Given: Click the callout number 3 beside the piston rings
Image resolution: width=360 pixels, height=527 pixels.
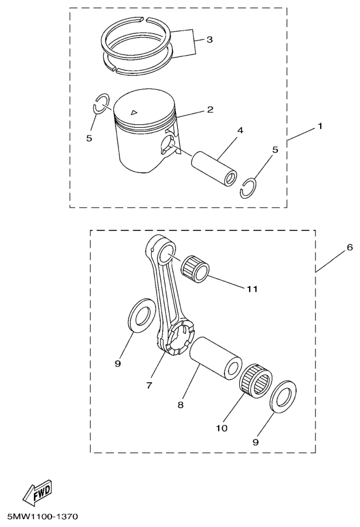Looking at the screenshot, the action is pyautogui.click(x=209, y=40).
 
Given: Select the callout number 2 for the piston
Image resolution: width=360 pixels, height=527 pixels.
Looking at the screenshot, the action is pyautogui.click(x=210, y=110).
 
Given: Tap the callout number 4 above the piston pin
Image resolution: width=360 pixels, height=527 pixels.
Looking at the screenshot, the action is pyautogui.click(x=240, y=130).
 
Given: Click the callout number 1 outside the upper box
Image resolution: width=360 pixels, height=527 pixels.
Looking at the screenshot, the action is pyautogui.click(x=320, y=126).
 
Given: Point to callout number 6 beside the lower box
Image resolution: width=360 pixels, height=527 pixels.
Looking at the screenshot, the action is pyautogui.click(x=349, y=247).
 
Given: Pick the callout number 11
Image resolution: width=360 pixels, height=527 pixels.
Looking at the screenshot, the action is pyautogui.click(x=253, y=289).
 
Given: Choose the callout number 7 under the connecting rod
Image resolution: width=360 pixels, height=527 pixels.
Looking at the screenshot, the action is pyautogui.click(x=150, y=385).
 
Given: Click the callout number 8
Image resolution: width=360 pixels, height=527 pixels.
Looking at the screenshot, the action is pyautogui.click(x=181, y=405).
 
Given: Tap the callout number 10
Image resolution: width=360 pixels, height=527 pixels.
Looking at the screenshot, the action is pyautogui.click(x=222, y=428).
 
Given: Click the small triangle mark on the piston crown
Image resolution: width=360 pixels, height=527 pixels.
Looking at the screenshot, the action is pyautogui.click(x=134, y=112).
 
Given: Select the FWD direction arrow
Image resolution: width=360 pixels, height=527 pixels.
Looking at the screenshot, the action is pyautogui.click(x=38, y=493).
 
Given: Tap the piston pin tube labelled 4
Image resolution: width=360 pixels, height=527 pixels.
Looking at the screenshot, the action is pyautogui.click(x=214, y=168).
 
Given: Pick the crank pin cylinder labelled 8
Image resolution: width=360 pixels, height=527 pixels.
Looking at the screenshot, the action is pyautogui.click(x=216, y=359).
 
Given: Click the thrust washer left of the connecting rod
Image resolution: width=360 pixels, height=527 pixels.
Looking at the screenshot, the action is pyautogui.click(x=142, y=315).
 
